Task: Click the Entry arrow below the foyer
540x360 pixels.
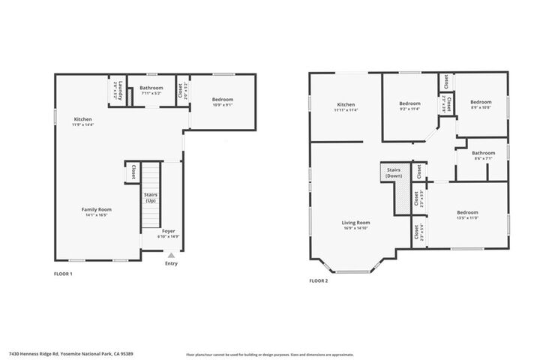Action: coord(171,256)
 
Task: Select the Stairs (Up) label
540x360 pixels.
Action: coord(151,198)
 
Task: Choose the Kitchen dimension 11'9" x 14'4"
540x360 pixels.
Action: coord(82,124)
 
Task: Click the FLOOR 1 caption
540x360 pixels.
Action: coord(64,274)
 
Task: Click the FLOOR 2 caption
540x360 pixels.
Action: coord(318,281)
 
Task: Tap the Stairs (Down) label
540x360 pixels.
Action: coord(394,173)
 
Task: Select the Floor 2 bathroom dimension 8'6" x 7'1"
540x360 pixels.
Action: coord(483,158)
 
